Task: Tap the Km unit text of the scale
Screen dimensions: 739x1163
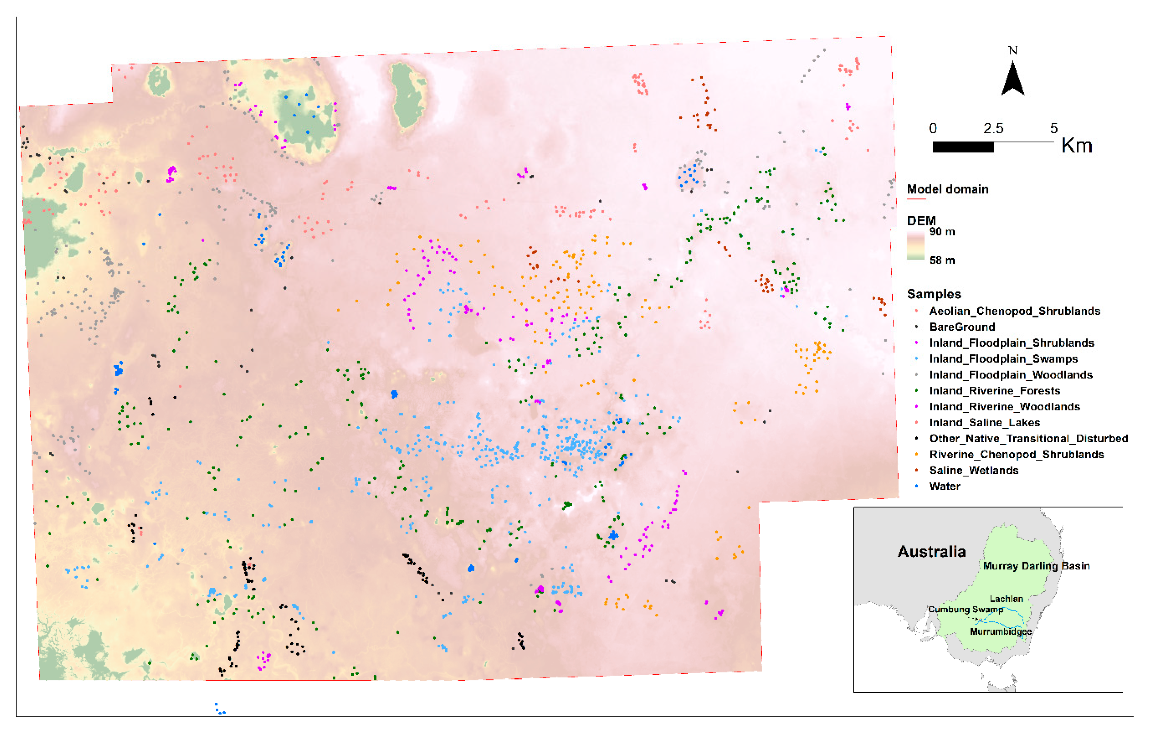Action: [1076, 145]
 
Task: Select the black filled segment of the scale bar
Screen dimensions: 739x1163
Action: [963, 147]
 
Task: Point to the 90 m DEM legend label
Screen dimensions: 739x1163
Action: [942, 232]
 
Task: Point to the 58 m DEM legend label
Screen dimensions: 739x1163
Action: [942, 260]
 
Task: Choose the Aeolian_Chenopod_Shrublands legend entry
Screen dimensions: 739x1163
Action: [1014, 311]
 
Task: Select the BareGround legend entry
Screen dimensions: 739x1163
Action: [962, 327]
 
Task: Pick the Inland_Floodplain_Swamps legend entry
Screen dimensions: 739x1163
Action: [1003, 359]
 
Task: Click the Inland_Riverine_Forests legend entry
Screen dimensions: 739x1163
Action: [995, 391]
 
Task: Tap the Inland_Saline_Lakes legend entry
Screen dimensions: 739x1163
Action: [984, 423]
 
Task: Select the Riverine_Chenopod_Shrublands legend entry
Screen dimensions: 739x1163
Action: [1016, 455]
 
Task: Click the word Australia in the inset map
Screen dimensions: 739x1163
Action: [931, 551]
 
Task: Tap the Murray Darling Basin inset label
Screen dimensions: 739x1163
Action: [1036, 566]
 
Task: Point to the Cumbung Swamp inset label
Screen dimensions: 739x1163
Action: [965, 609]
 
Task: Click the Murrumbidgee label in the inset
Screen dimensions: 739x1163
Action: [1000, 632]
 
